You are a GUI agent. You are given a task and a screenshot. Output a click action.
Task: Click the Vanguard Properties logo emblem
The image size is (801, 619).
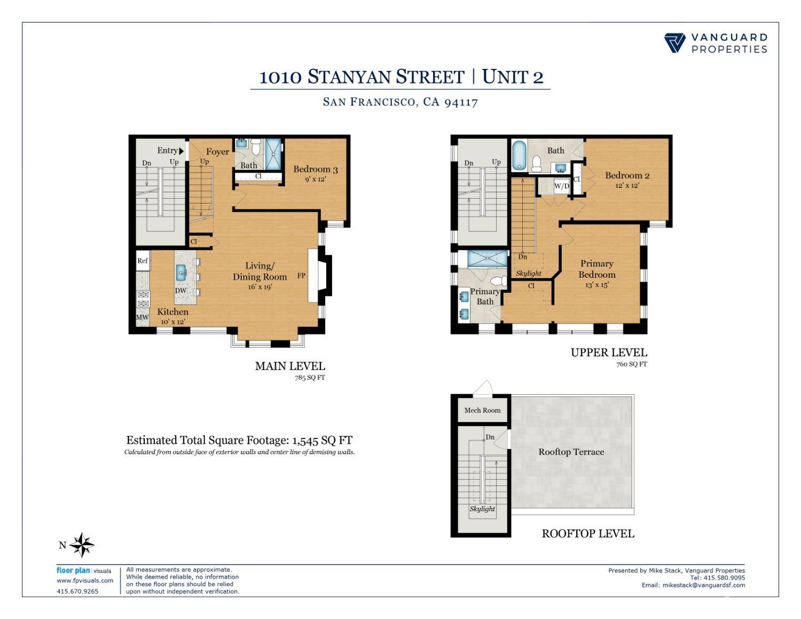click(x=674, y=43)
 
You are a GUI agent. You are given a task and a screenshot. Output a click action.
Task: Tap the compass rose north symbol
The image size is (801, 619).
click(x=82, y=545)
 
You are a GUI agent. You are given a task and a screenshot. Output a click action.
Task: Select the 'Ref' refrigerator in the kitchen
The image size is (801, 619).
click(x=143, y=261)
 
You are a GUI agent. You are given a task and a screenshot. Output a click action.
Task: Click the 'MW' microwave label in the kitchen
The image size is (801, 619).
click(x=142, y=317)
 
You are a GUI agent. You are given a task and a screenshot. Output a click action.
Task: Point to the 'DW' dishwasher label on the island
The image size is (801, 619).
click(x=181, y=291)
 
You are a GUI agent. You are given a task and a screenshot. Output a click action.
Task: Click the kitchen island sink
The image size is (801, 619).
click(x=182, y=272)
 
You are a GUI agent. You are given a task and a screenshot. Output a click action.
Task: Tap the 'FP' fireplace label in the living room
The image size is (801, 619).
click(x=301, y=276)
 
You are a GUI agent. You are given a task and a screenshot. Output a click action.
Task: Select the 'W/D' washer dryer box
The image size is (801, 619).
click(x=561, y=186)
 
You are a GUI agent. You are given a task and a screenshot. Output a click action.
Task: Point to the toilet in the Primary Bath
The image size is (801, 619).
click(x=499, y=281)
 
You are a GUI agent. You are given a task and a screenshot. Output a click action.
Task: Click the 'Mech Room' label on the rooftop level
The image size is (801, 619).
click(x=482, y=410)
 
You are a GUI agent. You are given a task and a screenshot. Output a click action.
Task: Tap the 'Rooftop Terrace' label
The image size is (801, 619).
click(x=571, y=452)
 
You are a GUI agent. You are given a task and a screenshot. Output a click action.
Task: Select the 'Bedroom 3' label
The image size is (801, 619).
click(x=315, y=169)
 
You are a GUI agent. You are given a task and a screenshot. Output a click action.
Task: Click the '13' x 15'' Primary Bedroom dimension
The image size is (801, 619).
click(x=596, y=285)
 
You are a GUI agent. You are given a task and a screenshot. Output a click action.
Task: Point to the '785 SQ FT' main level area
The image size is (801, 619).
click(x=310, y=378)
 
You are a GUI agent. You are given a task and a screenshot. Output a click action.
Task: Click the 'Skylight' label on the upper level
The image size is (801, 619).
click(x=528, y=273)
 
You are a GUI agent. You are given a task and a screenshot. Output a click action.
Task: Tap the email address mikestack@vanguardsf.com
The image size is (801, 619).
click(x=703, y=585)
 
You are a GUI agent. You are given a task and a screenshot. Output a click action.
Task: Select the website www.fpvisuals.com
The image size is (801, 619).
click(x=85, y=581)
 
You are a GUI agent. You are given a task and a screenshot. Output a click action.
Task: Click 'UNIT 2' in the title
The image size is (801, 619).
click(x=512, y=77)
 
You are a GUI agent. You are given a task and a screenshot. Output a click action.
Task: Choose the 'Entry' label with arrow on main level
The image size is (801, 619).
click(x=170, y=151)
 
